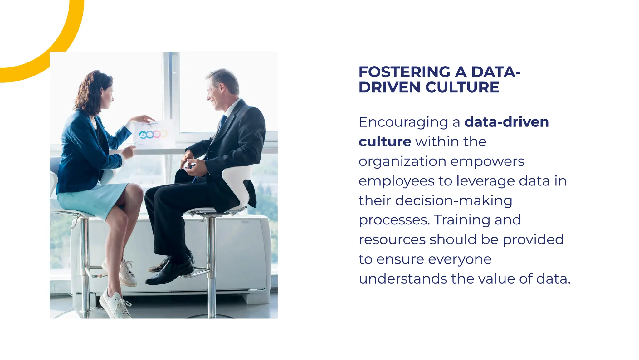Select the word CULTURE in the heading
point(462,87)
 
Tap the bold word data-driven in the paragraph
point(506,122)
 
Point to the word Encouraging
point(403,122)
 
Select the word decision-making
point(454,201)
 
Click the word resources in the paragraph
point(392,240)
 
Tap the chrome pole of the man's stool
point(212,265)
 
